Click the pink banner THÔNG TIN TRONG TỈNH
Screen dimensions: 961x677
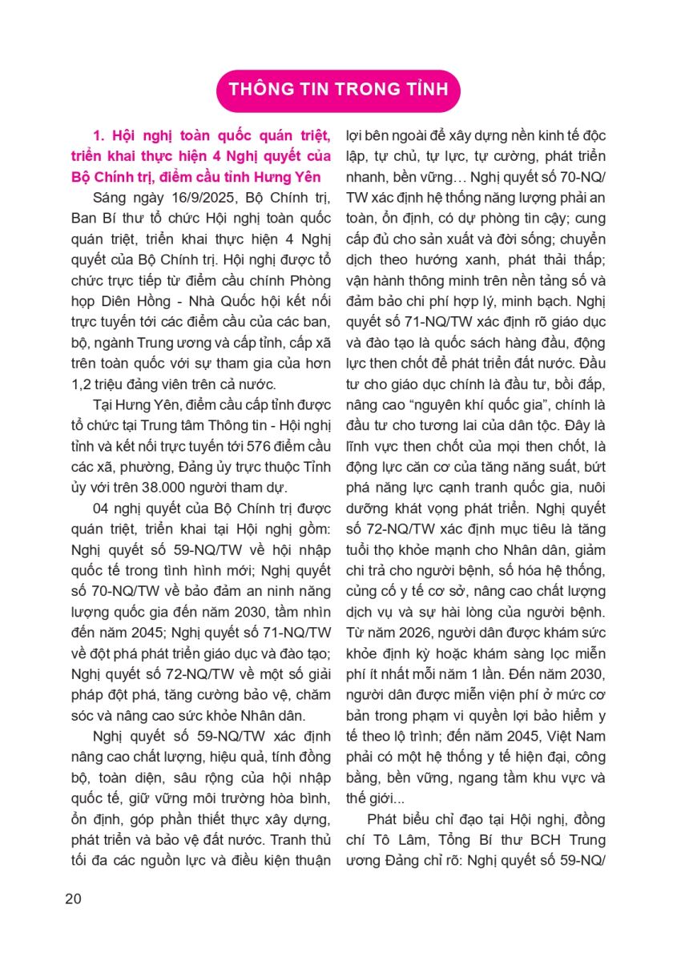338,89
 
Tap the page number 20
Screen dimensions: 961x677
73,899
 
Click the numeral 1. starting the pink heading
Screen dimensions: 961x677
100,135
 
